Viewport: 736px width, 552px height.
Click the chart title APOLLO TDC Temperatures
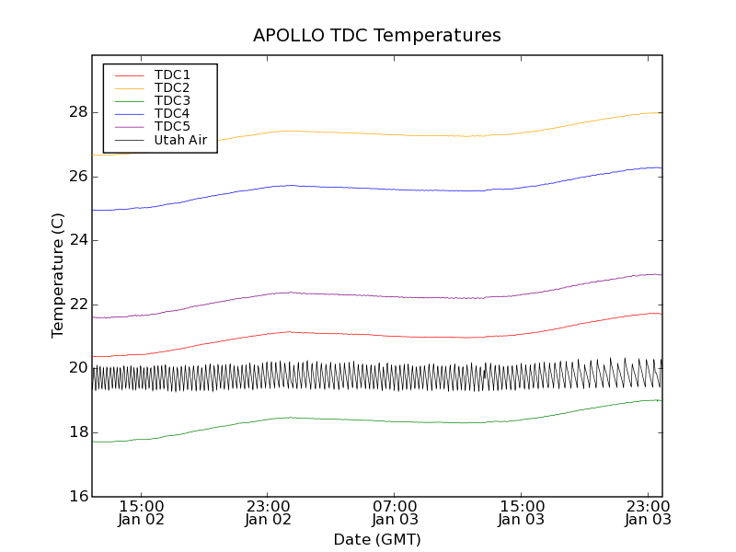coord(377,36)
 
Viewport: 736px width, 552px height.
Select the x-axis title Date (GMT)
coord(377,539)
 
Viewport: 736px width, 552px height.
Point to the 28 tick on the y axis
coord(77,112)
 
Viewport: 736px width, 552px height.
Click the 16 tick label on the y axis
coord(77,496)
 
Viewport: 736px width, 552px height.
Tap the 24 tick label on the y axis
coord(77,240)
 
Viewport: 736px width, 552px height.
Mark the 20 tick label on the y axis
coord(77,368)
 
